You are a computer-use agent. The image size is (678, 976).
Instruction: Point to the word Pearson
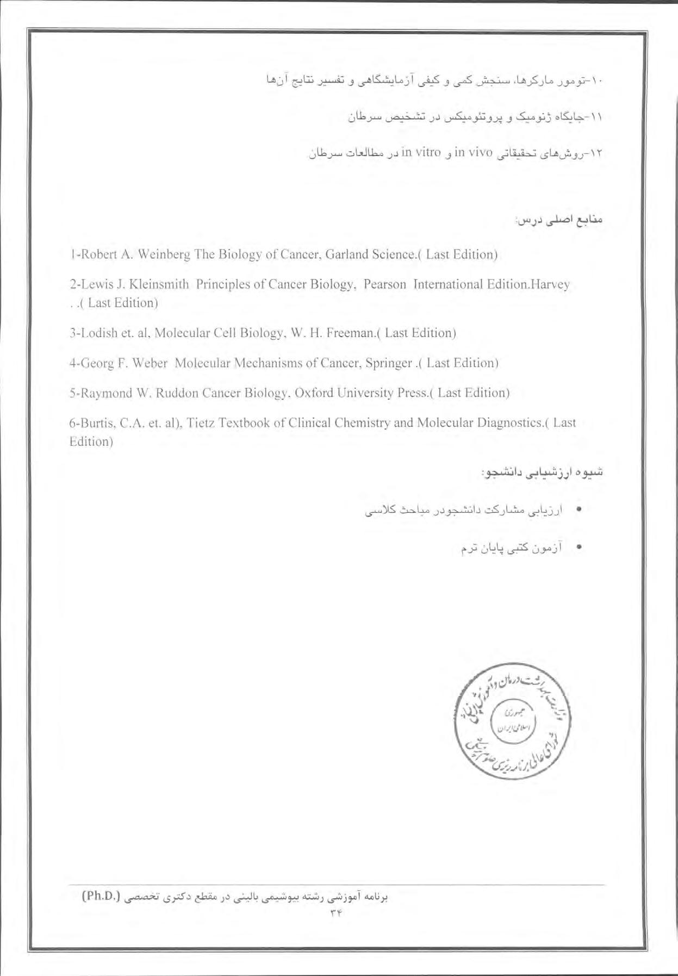click(x=385, y=284)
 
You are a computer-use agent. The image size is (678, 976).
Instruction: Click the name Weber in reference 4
click(x=148, y=363)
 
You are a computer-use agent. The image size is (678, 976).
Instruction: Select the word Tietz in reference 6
click(x=202, y=423)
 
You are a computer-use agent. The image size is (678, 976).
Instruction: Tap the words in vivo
click(x=472, y=153)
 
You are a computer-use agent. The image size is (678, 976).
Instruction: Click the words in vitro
click(x=420, y=153)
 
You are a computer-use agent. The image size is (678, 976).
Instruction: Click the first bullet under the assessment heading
click(x=580, y=511)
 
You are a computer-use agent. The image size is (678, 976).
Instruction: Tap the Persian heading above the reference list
click(x=560, y=222)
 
